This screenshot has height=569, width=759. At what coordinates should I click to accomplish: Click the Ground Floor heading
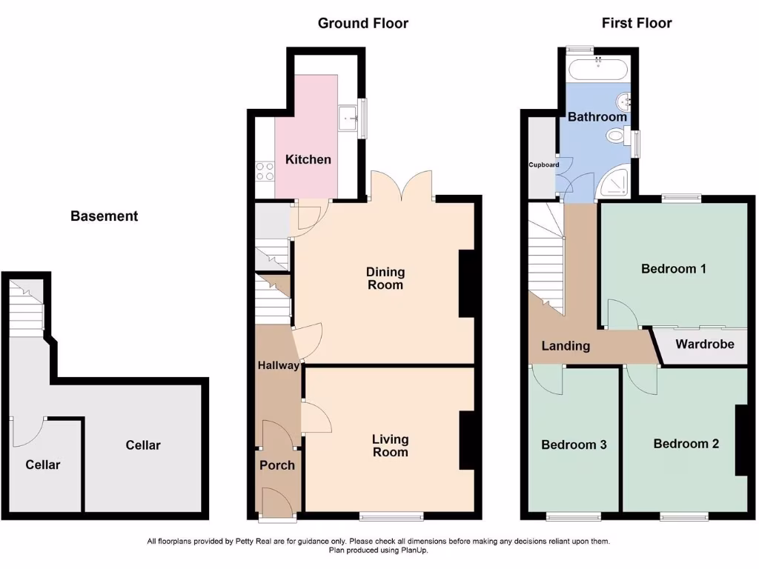(362, 23)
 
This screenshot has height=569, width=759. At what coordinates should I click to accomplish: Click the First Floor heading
(637, 23)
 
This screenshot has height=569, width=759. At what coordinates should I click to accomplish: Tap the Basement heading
(104, 216)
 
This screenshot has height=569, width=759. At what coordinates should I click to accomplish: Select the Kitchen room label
(308, 159)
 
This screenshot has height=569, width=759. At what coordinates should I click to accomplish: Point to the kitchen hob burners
(265, 172)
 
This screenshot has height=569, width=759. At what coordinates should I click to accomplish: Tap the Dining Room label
(385, 279)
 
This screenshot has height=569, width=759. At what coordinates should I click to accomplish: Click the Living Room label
(390, 446)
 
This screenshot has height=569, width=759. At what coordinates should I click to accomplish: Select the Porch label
(276, 465)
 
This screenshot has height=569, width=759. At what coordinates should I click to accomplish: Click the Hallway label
(278, 365)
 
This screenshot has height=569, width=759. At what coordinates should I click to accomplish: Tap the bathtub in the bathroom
(597, 70)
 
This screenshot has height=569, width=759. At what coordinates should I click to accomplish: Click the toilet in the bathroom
(615, 136)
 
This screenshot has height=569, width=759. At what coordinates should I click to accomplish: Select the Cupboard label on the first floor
(543, 164)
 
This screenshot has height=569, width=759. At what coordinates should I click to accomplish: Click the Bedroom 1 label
(673, 268)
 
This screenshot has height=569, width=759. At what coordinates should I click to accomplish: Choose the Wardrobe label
(704, 344)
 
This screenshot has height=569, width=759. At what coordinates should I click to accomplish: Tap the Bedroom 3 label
(574, 445)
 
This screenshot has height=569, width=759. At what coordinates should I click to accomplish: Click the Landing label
(566, 345)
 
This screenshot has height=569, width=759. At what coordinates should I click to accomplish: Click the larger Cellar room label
(143, 445)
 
